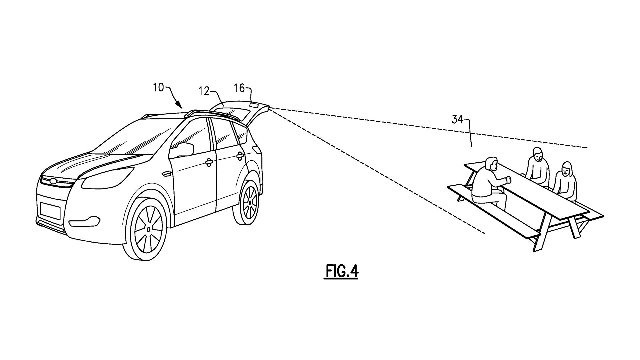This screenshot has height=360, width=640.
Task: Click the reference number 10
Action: (x=159, y=88)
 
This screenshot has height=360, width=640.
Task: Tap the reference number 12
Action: (x=204, y=91)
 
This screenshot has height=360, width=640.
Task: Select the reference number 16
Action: (x=239, y=88)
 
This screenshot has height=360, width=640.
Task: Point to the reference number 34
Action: (x=457, y=120)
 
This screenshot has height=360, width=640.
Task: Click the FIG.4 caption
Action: (x=341, y=272)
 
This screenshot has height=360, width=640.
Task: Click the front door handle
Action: (x=209, y=162)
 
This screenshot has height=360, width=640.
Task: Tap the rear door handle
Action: (x=239, y=155)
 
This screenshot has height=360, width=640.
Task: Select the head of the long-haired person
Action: (x=567, y=170)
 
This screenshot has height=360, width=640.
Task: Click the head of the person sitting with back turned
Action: (x=490, y=164)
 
